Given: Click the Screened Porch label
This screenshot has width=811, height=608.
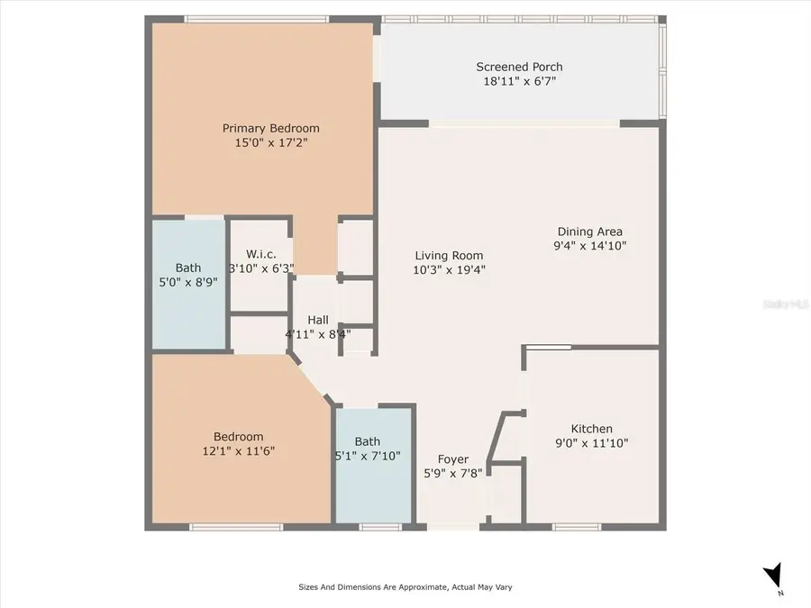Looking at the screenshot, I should click(x=519, y=67).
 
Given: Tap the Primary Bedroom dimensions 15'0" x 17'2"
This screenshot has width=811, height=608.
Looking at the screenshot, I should click(x=271, y=142).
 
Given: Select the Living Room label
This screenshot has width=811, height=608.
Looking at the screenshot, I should click(x=449, y=255).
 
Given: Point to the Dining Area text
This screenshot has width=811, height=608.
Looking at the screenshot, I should click(x=589, y=231).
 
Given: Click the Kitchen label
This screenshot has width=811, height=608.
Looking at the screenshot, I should click(x=592, y=429).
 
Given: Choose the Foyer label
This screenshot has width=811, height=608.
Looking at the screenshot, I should click(x=452, y=459).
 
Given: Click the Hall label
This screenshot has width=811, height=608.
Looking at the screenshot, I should click(x=317, y=320).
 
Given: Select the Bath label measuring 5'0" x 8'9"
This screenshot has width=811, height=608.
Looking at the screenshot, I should click(x=188, y=268).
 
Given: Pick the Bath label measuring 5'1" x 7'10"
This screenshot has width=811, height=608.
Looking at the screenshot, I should click(x=367, y=441).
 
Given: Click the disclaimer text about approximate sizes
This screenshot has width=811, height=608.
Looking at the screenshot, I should click(x=405, y=586).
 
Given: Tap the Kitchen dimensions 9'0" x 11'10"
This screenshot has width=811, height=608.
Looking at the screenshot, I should click(x=592, y=442).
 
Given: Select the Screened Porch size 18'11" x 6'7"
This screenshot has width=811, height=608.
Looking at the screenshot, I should click(x=519, y=80).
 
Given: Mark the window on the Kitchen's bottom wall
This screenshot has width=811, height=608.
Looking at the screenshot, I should click(x=577, y=526).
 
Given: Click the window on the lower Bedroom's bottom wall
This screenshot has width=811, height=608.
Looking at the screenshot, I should click(x=230, y=526).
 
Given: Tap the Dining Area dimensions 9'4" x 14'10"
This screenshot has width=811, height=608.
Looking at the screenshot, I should click(x=589, y=245).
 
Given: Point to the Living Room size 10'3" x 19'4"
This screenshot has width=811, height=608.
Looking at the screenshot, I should click(x=449, y=268).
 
